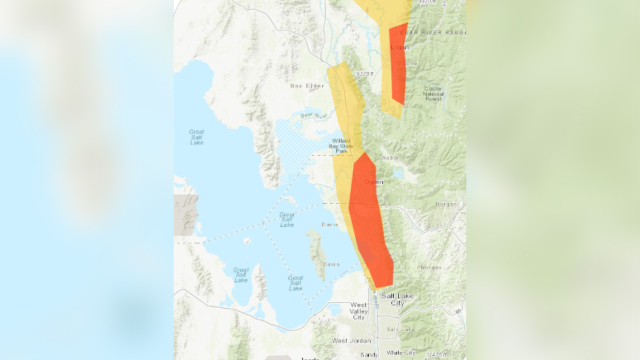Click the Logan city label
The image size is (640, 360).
point(399,47)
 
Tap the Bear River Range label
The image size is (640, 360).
point(433,32)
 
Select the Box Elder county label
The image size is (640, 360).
point(307,86)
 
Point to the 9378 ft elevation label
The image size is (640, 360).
point(364,74)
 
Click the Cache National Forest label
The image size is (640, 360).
point(433,94)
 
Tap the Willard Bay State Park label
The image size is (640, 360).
point(341,146)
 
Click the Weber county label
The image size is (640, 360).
point(390,158)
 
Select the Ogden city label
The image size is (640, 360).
point(374,182)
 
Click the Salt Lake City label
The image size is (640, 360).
point(397,299)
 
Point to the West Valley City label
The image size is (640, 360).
point(358,311)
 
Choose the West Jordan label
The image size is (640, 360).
point(351,341)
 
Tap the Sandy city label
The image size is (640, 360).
point(368,355)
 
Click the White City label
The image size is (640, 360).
point(401,353)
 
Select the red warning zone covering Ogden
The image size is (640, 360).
point(370,224)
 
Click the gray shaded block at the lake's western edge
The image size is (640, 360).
point(186,215)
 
